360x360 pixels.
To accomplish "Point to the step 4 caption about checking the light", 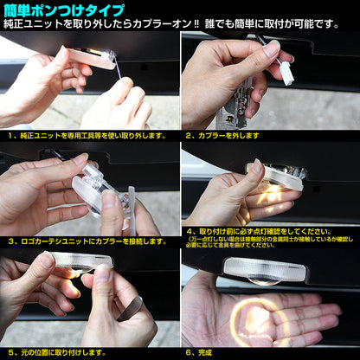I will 260,232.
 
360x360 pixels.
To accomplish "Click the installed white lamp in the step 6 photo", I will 264,269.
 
